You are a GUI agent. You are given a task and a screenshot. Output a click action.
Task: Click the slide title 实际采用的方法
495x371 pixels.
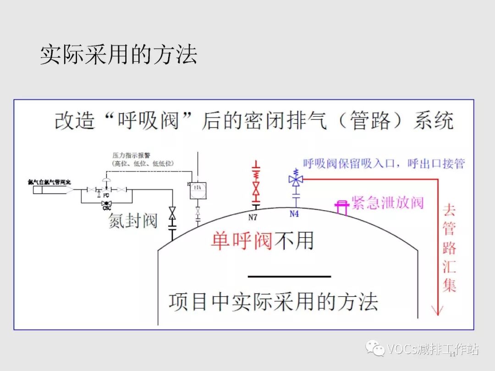118,55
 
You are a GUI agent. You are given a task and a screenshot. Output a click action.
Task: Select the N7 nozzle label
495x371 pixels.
253,218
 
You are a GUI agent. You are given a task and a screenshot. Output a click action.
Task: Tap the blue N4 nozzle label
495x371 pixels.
294,214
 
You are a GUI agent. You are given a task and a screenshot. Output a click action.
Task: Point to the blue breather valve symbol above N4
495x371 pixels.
296,180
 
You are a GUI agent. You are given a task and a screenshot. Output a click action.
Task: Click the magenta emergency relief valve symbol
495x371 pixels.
341,207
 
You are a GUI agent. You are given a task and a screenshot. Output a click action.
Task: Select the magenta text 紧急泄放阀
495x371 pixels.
388,202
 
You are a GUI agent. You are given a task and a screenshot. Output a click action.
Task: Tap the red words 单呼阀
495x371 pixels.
242,240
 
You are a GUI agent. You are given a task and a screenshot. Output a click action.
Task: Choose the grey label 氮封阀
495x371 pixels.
133,221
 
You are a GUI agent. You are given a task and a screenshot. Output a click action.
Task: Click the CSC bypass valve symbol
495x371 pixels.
106,203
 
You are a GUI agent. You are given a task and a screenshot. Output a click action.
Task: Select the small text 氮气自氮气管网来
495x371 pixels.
49,182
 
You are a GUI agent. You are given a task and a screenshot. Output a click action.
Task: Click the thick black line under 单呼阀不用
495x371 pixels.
289,276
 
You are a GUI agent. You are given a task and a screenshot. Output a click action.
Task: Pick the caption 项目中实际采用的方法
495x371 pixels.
274,302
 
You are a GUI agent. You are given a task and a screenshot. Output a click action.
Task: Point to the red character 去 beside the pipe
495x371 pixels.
450,211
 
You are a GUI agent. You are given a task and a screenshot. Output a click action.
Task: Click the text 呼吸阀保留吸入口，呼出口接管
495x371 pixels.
384,164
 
